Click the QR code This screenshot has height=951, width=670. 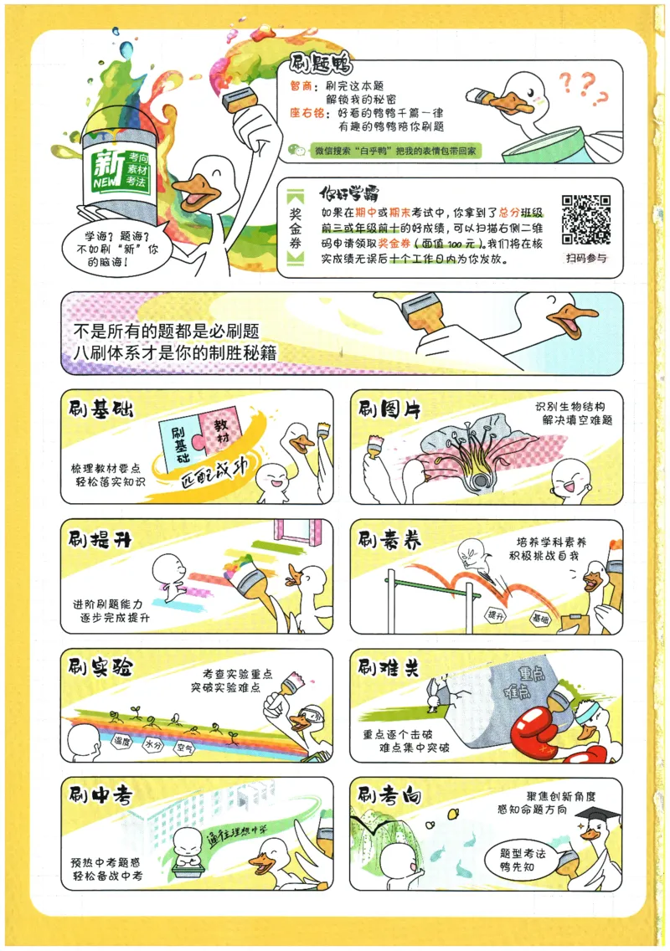coord(585,219)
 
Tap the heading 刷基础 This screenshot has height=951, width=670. coord(100,410)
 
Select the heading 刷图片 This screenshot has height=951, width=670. coord(389,410)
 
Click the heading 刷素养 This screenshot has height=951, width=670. coord(389,539)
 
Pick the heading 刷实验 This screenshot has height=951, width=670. coord(100,668)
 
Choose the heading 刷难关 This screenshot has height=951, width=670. coord(389,668)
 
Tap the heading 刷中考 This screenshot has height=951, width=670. coord(100,795)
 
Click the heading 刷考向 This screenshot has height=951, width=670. coord(389,795)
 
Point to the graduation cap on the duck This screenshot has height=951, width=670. coord(597,815)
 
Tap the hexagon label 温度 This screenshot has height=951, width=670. coord(122,741)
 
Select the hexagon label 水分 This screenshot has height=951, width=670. coord(153,745)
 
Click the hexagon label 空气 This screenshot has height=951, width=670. coord(184,748)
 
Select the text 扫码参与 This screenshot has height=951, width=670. coord(586,258)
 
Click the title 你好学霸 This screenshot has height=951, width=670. coord(349,193)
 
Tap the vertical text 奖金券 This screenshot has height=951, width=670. coord(295,228)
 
